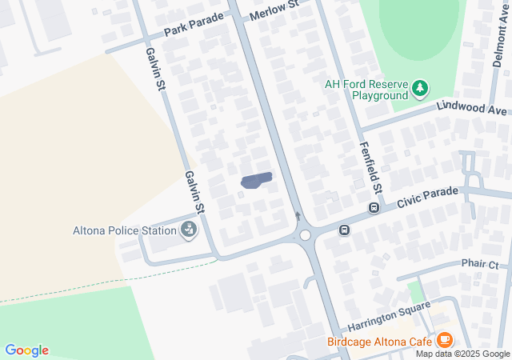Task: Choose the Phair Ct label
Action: (x=480, y=264)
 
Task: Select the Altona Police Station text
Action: (x=124, y=231)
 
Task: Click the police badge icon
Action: (x=189, y=231)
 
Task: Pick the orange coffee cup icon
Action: (x=444, y=341)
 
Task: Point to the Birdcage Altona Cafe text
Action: (x=379, y=342)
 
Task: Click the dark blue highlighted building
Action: (x=256, y=180)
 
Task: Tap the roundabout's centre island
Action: (x=305, y=235)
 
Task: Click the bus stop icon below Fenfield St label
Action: (x=374, y=208)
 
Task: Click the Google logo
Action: (x=26, y=350)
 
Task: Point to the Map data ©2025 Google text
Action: (x=462, y=354)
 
